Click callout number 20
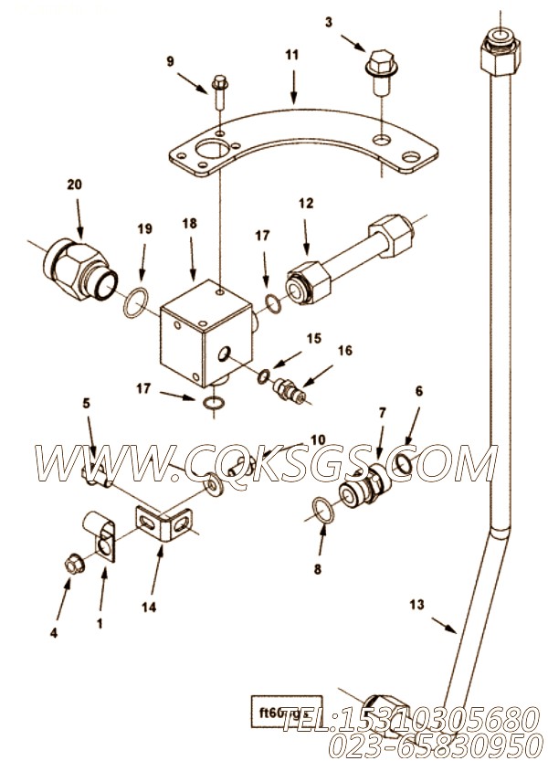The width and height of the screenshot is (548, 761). [74, 185]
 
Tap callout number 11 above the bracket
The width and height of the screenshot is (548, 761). [291, 56]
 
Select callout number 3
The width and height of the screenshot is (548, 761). [328, 23]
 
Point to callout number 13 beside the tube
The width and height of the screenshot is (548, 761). [416, 603]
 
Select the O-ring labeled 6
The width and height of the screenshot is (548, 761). [402, 465]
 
